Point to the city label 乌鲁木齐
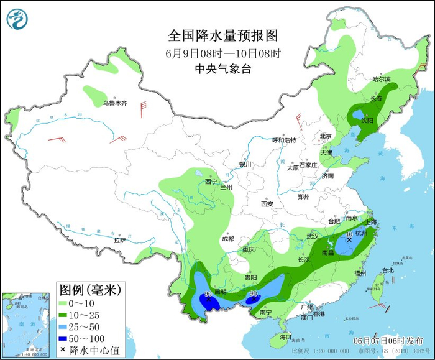click(114, 103)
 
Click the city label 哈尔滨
click(381, 80)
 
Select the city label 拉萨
click(120, 239)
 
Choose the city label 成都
click(227, 239)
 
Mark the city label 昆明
click(219, 292)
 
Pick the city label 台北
click(388, 270)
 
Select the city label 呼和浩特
click(285, 140)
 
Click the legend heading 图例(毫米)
click(89, 289)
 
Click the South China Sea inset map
click(24, 323)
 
